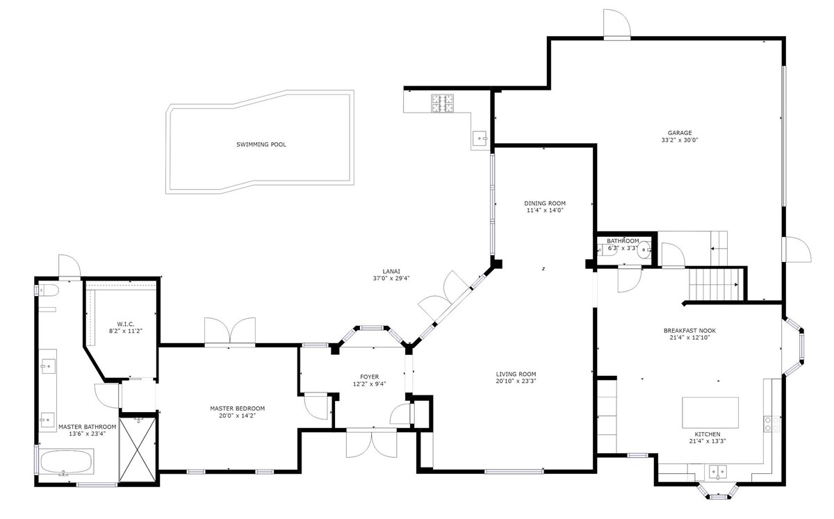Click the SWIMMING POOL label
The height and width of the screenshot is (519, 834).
261,145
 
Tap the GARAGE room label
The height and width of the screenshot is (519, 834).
680,133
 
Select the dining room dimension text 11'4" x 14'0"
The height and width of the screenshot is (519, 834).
545,211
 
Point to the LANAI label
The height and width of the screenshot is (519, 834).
391,272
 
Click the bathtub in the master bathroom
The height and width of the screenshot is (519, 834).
66,461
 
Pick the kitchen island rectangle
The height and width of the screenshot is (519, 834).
710,413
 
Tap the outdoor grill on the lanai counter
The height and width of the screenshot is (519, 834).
442,104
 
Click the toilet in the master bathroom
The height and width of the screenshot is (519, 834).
48,290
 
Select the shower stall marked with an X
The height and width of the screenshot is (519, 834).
138,450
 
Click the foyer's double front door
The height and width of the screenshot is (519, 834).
372,443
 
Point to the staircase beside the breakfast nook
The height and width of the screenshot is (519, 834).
714,284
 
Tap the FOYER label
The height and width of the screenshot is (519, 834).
369,377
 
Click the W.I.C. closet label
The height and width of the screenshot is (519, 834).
126,324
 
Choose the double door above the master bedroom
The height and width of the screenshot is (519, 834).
230,331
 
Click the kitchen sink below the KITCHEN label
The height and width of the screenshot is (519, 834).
717,472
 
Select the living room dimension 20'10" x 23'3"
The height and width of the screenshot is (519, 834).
516,381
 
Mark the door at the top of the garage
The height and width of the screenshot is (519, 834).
617,24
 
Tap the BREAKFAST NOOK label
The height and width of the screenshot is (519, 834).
689,331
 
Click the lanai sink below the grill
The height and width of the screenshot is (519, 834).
480,138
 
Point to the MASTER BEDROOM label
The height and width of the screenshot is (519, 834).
237,409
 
